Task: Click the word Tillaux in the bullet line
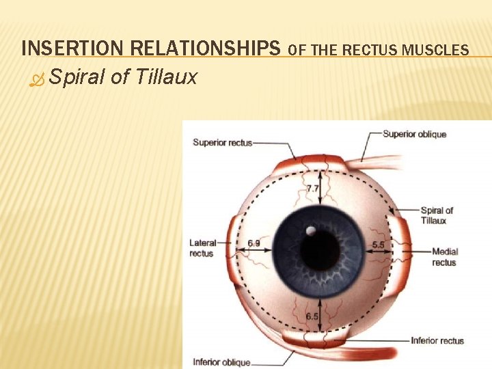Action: [166, 77]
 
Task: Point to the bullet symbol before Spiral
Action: [36, 78]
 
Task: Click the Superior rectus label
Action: [222, 142]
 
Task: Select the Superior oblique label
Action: [414, 134]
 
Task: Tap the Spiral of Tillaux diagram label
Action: [437, 215]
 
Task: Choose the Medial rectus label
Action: [444, 257]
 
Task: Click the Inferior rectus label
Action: [437, 340]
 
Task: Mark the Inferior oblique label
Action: [221, 362]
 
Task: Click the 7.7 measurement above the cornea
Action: [312, 188]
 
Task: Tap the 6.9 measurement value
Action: [254, 243]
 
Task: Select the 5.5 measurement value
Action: [378, 244]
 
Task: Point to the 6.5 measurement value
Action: [312, 316]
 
